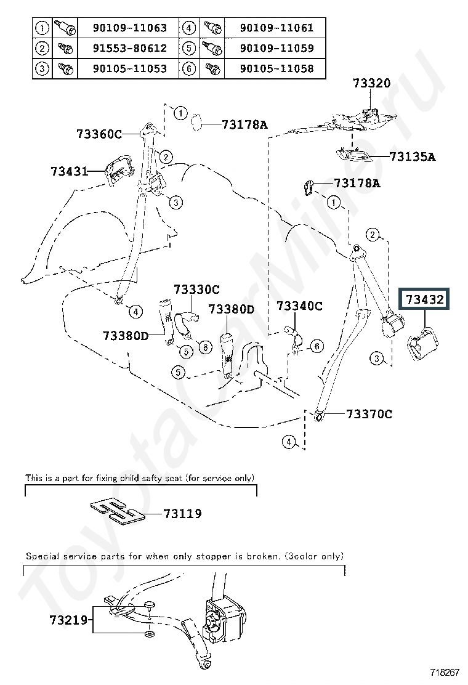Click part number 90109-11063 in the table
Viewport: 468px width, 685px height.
[x=130, y=28]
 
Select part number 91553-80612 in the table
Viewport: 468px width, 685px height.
[x=130, y=48]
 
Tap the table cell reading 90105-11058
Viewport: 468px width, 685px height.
[x=276, y=68]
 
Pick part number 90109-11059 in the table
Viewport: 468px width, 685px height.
[x=276, y=48]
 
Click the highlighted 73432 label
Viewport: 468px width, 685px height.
[x=424, y=299]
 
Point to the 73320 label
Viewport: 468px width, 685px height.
[x=371, y=83]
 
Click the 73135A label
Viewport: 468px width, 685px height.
[x=413, y=156]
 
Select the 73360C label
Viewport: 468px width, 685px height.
[x=100, y=134]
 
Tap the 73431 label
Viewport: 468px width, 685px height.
[x=70, y=171]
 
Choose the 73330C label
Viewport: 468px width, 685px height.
[x=196, y=289]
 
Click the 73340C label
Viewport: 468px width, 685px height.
[x=299, y=306]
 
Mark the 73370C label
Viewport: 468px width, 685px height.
[x=369, y=414]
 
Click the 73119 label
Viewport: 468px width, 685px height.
[x=182, y=513]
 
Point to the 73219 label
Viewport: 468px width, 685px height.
[x=69, y=620]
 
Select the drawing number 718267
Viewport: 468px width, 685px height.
[x=445, y=672]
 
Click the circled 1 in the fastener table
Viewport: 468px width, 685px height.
[x=42, y=28]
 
